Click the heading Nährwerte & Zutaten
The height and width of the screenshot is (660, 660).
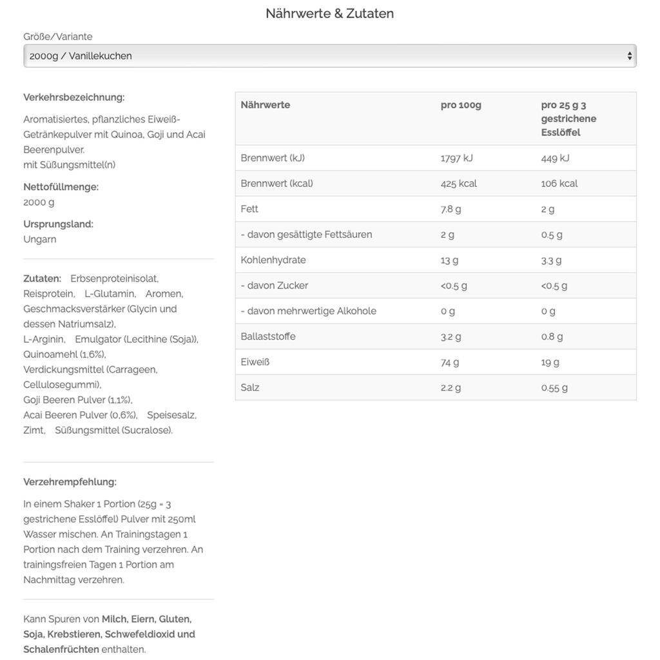[329, 14]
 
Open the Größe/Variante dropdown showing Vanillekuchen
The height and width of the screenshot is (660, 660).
[329, 56]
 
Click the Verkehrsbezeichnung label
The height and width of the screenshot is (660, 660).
[74, 97]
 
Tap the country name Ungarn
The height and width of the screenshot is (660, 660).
[40, 239]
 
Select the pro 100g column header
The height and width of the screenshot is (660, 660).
[461, 105]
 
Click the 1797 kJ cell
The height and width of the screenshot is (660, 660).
[456, 158]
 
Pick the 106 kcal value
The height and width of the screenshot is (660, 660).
[559, 184]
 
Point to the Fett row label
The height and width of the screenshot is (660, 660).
[249, 209]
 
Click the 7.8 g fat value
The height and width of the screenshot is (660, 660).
[451, 209]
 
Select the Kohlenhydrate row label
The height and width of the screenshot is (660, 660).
[273, 260]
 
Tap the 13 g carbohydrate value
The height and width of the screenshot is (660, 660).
[449, 260]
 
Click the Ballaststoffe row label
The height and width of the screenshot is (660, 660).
[268, 336]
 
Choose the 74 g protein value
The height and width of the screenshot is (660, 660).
[450, 362]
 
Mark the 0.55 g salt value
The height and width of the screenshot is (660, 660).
[554, 387]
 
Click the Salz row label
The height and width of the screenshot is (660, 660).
[250, 387]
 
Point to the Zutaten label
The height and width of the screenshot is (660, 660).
[42, 278]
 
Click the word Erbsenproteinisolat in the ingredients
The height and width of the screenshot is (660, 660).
[114, 278]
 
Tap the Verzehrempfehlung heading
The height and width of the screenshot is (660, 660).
[70, 482]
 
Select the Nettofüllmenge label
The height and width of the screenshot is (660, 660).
[61, 187]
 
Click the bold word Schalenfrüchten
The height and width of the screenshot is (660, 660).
[61, 649]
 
